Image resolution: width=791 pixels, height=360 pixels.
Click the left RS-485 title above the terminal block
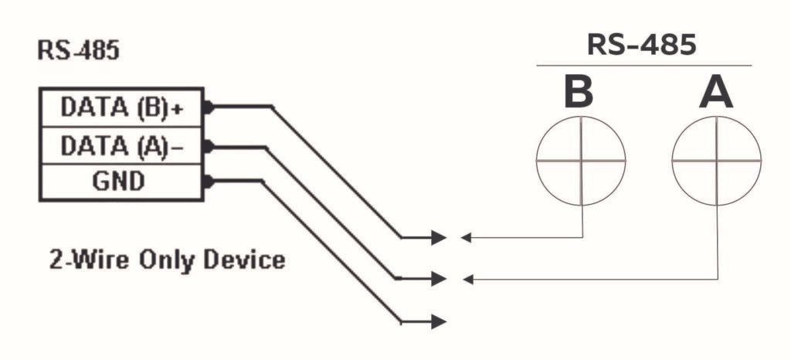tap(78, 52)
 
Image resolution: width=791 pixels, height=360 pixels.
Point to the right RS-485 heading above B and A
tap(642, 44)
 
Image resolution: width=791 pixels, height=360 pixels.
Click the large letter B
tap(579, 93)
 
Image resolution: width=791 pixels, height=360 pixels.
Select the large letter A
tap(716, 93)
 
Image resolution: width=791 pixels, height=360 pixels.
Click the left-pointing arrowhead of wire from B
tap(466, 237)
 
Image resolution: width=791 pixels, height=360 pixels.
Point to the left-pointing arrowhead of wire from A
tap(466, 278)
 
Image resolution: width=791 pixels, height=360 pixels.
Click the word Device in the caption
tap(245, 260)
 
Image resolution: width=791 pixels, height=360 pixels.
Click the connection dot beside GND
tap(208, 182)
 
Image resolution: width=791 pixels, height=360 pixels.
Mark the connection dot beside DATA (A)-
tap(208, 145)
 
